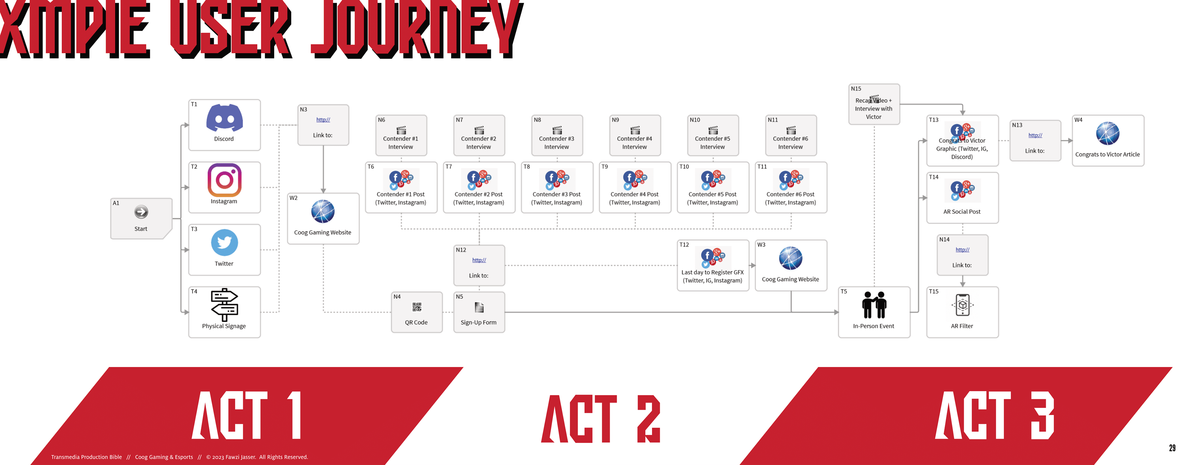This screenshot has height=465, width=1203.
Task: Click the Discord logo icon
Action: coord(224,118)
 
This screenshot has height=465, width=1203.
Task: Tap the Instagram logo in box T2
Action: coord(224,180)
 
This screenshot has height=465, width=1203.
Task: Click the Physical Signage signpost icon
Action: coord(224,304)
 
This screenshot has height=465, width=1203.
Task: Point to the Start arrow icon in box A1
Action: coord(141,212)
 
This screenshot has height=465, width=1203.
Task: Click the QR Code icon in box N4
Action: coord(417,307)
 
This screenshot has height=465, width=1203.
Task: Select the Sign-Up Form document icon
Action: coord(479,307)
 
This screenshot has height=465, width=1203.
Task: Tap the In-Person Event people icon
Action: coord(874,305)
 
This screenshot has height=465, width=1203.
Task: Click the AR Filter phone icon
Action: coord(962,305)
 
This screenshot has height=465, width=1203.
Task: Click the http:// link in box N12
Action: coord(479,260)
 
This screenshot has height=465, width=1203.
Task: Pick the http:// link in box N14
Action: coord(962,250)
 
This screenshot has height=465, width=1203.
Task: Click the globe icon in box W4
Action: coord(1108,133)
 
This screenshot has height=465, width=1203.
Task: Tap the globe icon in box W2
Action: coord(323,212)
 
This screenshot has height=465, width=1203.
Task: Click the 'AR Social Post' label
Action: coord(962,212)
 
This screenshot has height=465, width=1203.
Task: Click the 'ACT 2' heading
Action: coord(601,418)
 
